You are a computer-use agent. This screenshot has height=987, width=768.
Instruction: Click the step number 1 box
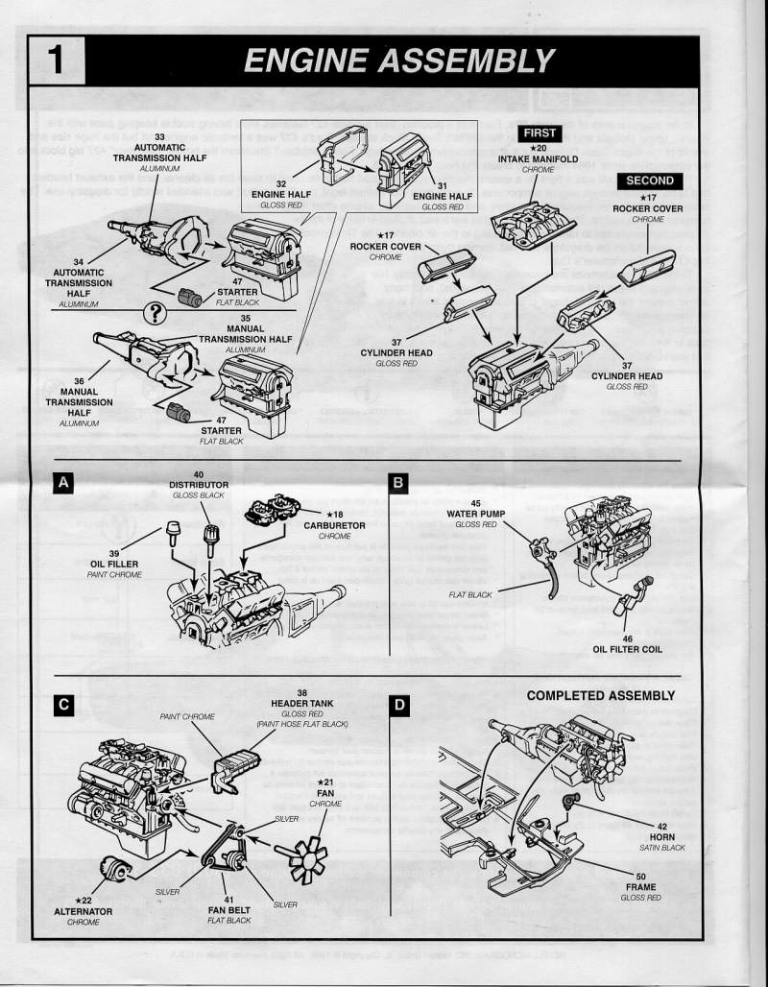(x=56, y=60)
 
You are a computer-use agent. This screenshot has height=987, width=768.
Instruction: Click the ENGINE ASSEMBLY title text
(x=398, y=60)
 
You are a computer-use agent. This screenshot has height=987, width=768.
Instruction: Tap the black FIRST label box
(x=539, y=132)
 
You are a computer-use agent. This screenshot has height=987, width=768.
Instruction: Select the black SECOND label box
(x=650, y=181)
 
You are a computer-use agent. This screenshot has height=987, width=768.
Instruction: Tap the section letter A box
(x=63, y=484)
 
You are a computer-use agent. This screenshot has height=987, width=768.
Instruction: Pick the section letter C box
(x=63, y=706)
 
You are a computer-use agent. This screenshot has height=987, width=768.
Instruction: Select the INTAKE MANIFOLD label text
(x=538, y=158)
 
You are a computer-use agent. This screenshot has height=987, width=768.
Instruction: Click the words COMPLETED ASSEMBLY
(x=601, y=695)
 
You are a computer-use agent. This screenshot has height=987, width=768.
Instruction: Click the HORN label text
(x=662, y=837)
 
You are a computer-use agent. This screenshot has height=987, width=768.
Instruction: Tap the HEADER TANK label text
(x=302, y=703)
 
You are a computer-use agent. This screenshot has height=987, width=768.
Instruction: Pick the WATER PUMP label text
(x=476, y=514)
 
